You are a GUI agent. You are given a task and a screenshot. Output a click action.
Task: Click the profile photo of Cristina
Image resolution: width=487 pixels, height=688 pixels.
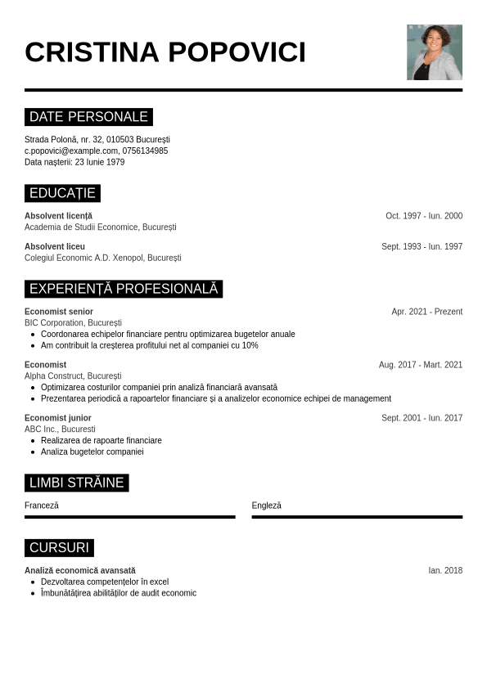pyautogui.click(x=435, y=52)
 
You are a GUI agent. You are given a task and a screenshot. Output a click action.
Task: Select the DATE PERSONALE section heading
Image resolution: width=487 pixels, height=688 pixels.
pyautogui.click(x=88, y=117)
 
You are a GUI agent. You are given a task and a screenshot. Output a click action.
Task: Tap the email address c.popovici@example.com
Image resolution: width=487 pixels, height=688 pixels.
pyautogui.click(x=71, y=151)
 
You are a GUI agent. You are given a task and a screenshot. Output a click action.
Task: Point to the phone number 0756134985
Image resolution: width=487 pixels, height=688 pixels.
pyautogui.click(x=145, y=151)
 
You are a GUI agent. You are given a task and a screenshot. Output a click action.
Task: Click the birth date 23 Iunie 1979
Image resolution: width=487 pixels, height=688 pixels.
pyautogui.click(x=100, y=162)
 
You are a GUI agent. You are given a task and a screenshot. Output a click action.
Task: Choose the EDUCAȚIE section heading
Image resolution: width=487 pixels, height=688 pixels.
pyautogui.click(x=62, y=193)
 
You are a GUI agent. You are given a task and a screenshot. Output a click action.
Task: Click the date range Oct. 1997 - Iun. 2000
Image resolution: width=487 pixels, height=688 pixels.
pyautogui.click(x=424, y=216)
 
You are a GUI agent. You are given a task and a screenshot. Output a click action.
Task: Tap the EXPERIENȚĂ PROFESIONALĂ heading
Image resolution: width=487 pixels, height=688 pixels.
pyautogui.click(x=124, y=289)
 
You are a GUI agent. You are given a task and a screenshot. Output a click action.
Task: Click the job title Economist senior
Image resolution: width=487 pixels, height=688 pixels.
pyautogui.click(x=59, y=312)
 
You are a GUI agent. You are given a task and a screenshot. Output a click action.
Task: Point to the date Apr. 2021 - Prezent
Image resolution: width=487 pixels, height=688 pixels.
pyautogui.click(x=426, y=312)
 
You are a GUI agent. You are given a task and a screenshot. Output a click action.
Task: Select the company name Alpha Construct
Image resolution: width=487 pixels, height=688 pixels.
pyautogui.click(x=53, y=376)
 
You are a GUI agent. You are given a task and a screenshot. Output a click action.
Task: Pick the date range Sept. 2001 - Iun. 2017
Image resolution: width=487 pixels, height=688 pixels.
pyautogui.click(x=422, y=418)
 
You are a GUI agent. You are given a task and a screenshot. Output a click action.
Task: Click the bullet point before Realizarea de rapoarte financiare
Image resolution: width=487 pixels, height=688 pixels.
pyautogui.click(x=33, y=441)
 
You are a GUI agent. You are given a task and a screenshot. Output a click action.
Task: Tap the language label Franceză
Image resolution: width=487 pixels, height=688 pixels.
pyautogui.click(x=42, y=506)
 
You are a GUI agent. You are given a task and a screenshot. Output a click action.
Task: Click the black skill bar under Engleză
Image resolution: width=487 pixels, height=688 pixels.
pyautogui.click(x=357, y=517)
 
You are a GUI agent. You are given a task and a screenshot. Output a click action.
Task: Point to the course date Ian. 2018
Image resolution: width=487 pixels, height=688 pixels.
pyautogui.click(x=445, y=570)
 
